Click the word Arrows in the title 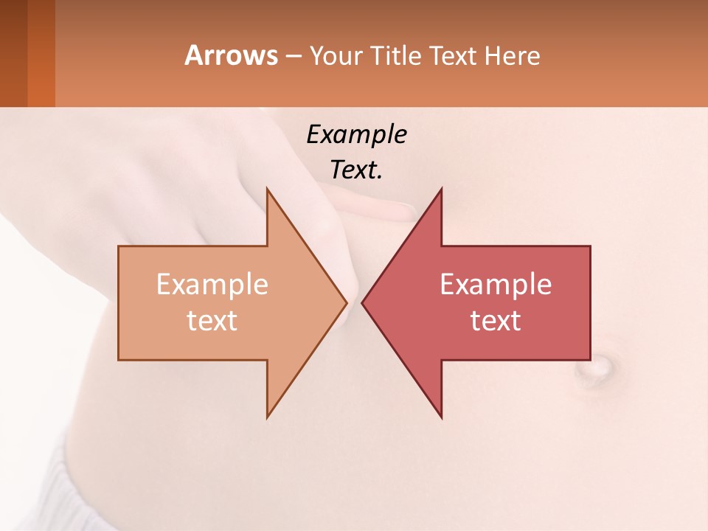(x=231, y=56)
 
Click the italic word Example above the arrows (x=356, y=135)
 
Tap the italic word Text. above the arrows (x=356, y=170)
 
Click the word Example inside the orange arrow (x=212, y=285)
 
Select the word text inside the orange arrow (x=212, y=321)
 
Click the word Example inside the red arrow (x=496, y=285)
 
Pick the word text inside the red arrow (x=496, y=321)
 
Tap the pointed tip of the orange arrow (x=345, y=302)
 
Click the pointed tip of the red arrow (x=364, y=302)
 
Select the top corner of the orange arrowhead (x=268, y=190)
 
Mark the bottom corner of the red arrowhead (x=441, y=417)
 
